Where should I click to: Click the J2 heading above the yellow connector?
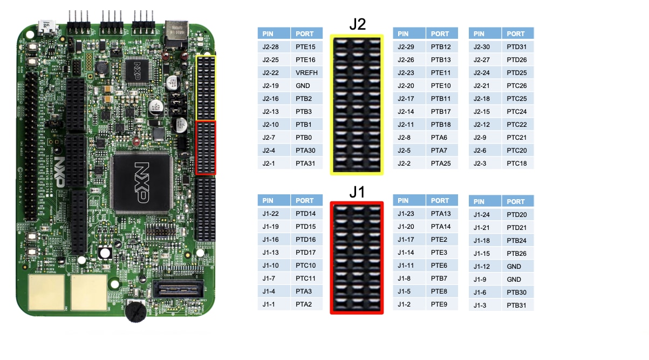357,24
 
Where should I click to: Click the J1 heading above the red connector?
357,192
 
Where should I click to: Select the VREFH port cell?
306,73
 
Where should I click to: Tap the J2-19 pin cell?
274,86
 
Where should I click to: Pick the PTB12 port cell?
441,47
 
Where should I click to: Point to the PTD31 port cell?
517,47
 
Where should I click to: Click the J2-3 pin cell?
485,164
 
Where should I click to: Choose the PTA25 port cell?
441,164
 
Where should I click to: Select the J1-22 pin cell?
274,214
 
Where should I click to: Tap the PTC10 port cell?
306,266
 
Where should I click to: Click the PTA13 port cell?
441,214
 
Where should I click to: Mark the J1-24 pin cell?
485,215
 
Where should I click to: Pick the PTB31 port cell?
517,305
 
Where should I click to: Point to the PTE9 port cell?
441,304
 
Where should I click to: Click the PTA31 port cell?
306,164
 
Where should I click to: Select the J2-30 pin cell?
485,47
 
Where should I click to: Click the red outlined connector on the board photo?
206,147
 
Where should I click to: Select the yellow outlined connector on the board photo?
206,87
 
